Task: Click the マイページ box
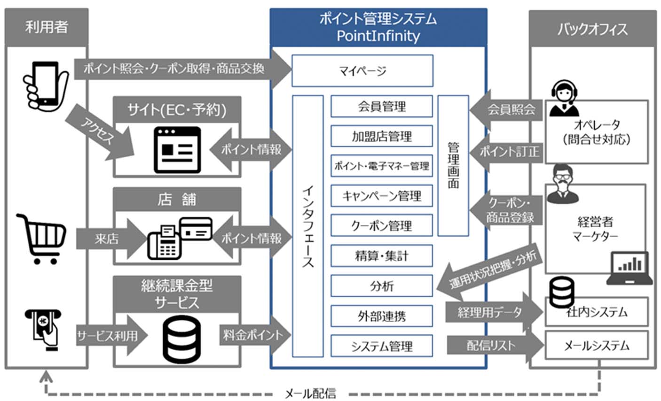pos(362,71)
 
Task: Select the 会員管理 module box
pos(381,107)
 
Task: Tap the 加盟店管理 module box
pos(381,136)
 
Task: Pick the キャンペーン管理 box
pos(381,196)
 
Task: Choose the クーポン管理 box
pos(381,225)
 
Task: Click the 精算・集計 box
pos(381,256)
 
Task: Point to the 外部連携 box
pos(381,316)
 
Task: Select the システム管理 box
pos(381,346)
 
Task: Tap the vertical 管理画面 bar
pos(453,165)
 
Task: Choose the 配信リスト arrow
pos(494,346)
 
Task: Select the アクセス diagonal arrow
pos(100,133)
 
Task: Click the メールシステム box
pos(596,346)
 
